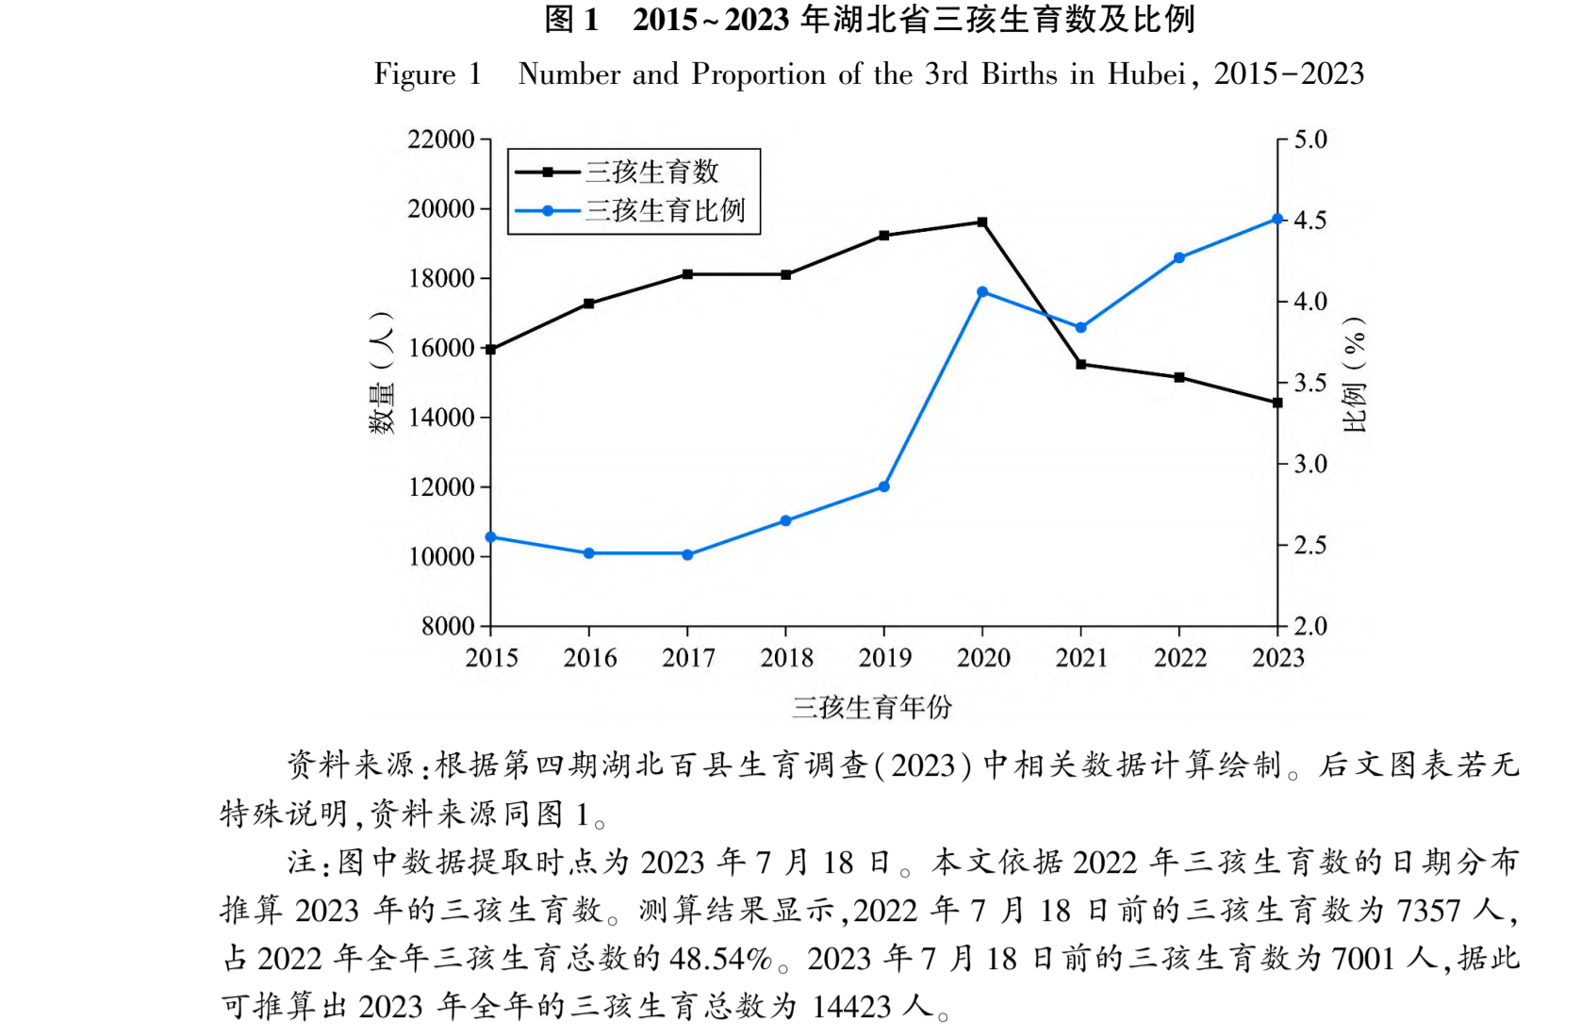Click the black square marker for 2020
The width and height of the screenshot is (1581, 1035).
[982, 222]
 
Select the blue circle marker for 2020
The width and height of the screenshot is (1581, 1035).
[982, 292]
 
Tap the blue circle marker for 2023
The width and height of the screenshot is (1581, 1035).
[1277, 219]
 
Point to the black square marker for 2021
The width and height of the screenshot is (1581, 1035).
[1080, 364]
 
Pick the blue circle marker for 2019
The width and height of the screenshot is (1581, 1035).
[884, 486]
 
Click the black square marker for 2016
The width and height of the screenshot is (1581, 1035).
[589, 304]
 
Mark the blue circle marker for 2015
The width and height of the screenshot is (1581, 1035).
[491, 537]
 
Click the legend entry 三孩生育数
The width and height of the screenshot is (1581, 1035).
[651, 172]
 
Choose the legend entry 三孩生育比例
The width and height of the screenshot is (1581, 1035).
[665, 210]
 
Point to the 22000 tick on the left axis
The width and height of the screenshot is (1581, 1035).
[441, 140]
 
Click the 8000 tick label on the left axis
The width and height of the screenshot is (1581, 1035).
[449, 627]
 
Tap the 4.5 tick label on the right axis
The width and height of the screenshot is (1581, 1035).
[1309, 220]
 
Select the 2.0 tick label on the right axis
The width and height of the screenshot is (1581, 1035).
[1309, 627]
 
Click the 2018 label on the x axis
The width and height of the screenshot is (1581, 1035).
[786, 658]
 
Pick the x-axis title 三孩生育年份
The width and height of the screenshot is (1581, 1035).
[872, 707]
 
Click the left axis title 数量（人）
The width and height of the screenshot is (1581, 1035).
[381, 372]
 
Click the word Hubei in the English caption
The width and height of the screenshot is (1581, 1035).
[1147, 74]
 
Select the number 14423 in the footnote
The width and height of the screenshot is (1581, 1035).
[851, 1007]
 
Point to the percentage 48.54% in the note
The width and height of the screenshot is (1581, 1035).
[720, 959]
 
